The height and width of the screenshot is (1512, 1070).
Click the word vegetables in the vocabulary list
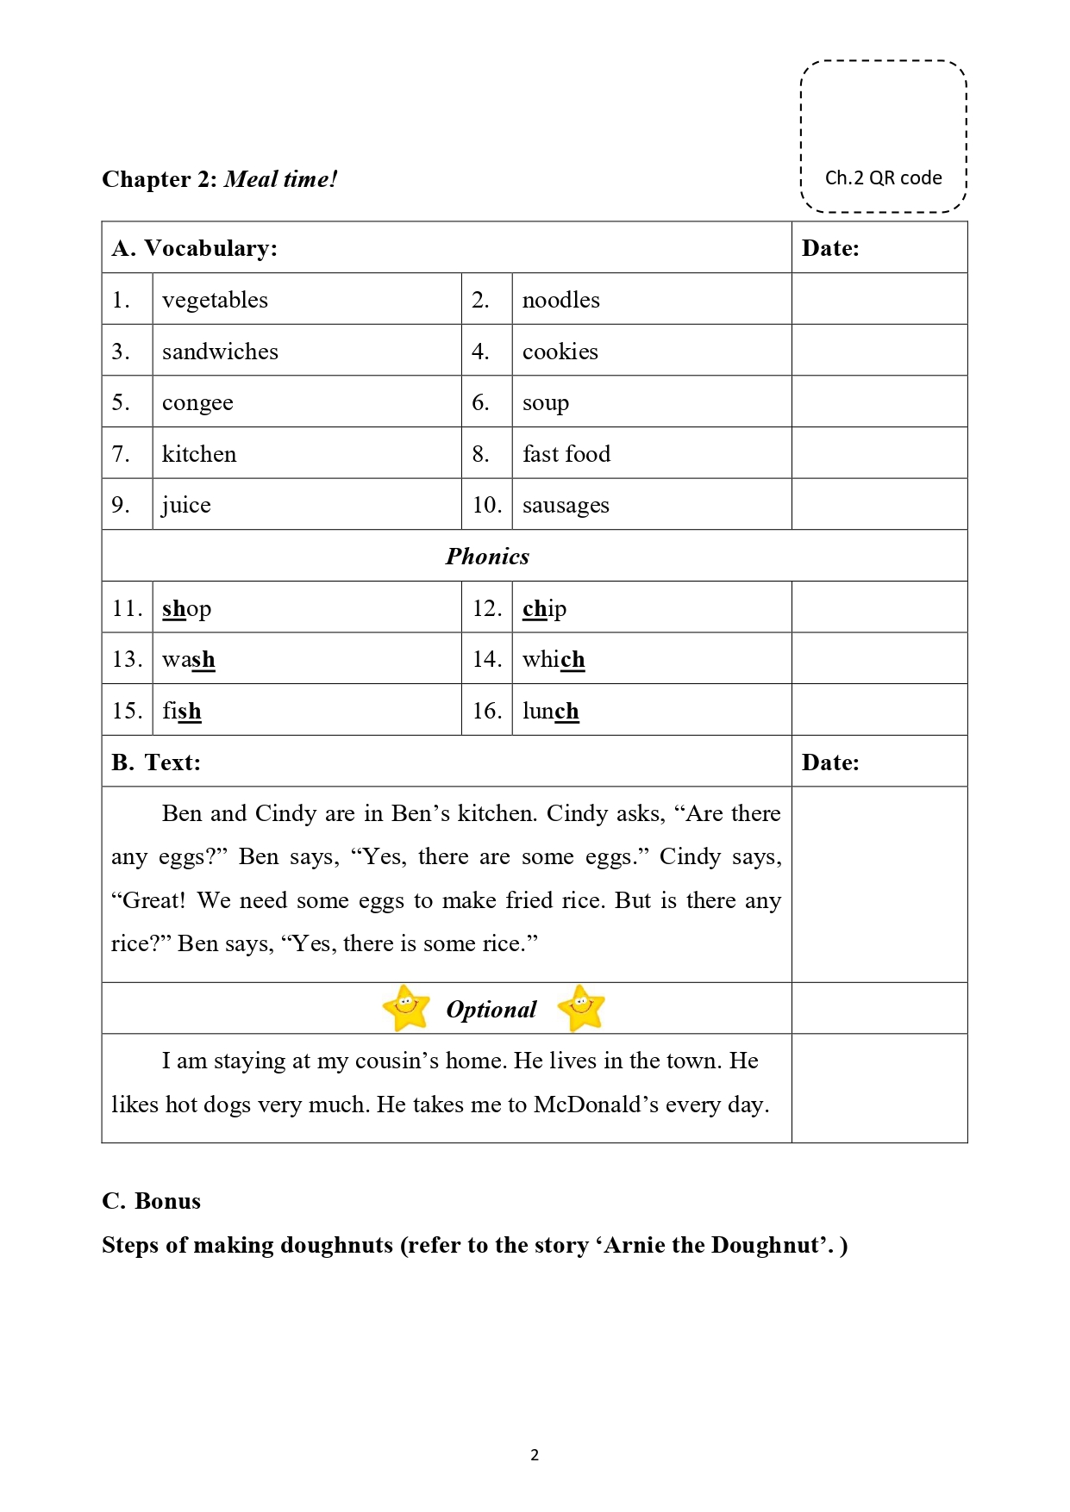(215, 300)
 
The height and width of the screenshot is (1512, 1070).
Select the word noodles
(560, 300)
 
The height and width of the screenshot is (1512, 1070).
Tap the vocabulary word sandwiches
(220, 352)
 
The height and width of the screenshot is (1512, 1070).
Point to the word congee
(197, 403)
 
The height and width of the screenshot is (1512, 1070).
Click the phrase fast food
(566, 454)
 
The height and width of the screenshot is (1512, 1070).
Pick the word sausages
(566, 505)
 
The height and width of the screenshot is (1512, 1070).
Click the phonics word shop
(186, 608)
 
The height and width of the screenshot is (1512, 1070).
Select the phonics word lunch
(550, 711)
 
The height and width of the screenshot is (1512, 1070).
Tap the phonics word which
(554, 659)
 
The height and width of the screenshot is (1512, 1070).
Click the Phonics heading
(487, 557)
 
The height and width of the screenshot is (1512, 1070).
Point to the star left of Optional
(406, 1007)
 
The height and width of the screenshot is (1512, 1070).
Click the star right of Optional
(581, 1007)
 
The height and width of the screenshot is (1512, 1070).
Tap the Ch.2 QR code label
(883, 178)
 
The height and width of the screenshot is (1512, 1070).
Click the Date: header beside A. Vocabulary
(830, 248)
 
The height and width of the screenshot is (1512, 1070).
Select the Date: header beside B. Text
(830, 762)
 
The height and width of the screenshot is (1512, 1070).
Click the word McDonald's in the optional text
(598, 1104)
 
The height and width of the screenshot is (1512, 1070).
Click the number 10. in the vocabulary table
(486, 505)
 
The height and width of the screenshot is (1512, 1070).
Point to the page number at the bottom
(535, 1455)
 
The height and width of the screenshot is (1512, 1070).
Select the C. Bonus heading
(152, 1201)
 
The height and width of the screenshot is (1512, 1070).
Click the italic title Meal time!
(280, 179)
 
